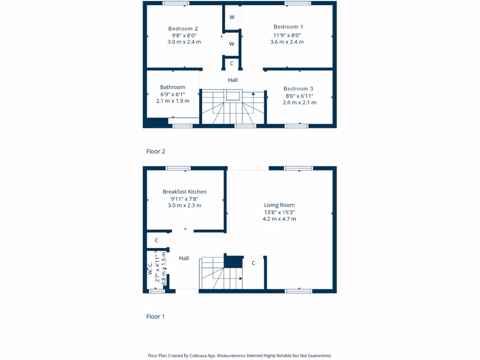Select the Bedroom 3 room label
click(x=299, y=89)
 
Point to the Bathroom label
click(x=173, y=87)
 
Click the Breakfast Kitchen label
click(x=185, y=192)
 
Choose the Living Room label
click(x=279, y=205)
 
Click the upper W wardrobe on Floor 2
click(x=232, y=17)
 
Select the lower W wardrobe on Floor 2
click(x=232, y=44)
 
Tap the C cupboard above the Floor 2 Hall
click(x=232, y=63)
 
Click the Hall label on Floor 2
click(x=233, y=80)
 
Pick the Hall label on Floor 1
click(x=184, y=258)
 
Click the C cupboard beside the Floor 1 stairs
click(x=254, y=263)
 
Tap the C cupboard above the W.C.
click(x=157, y=240)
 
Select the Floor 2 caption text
click(x=156, y=151)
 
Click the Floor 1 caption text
click(x=156, y=316)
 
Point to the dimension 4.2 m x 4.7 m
click(x=279, y=219)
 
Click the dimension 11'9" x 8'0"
click(x=287, y=35)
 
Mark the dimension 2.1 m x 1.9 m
click(x=173, y=101)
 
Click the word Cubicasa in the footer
click(x=200, y=356)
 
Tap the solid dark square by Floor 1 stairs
click(x=233, y=262)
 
